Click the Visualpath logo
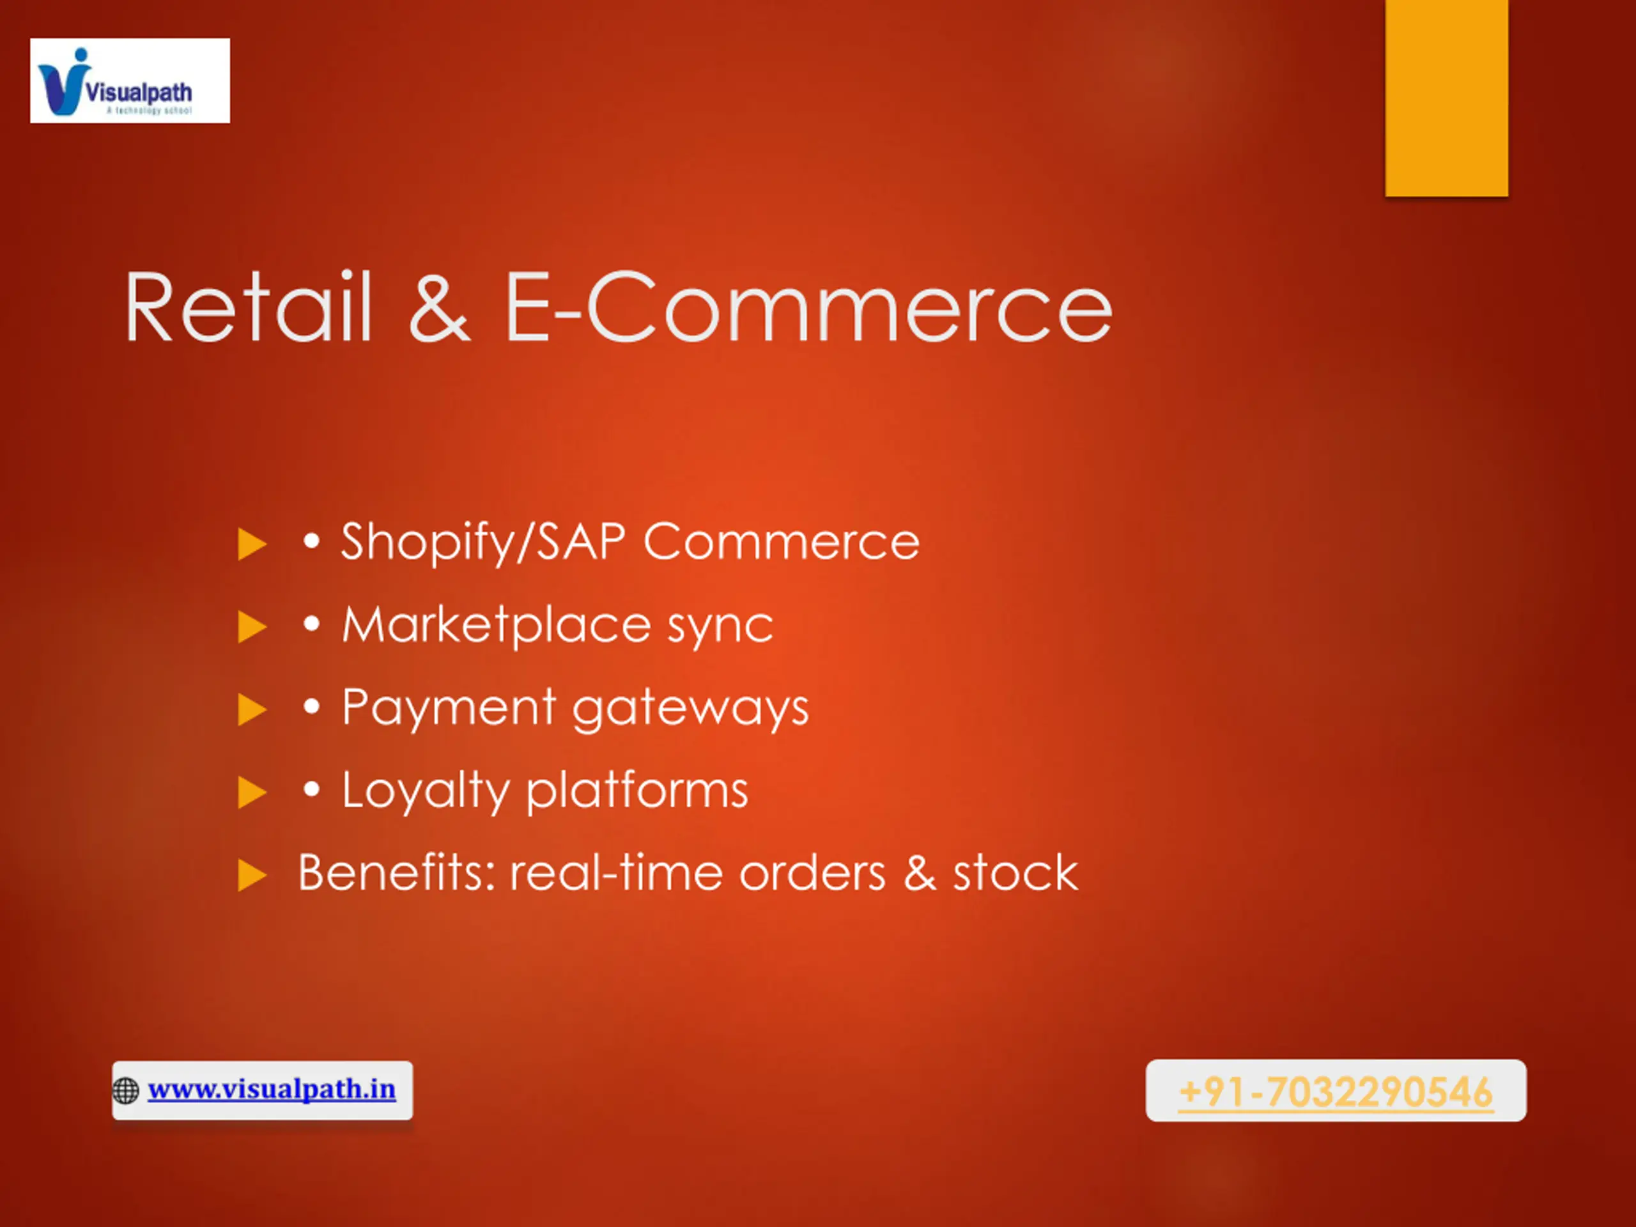[130, 81]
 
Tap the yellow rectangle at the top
[1447, 98]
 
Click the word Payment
[449, 708]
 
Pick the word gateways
[691, 711]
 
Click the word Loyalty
[425, 791]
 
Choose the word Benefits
[396, 873]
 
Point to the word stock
[1015, 873]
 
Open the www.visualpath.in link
[272, 1090]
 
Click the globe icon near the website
[126, 1091]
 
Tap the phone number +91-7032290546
[1336, 1092]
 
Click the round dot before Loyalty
[312, 790]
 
